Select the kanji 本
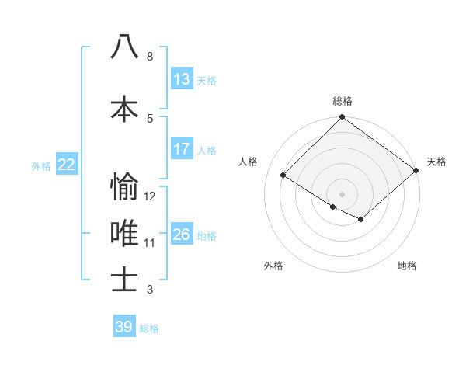tap(125, 108)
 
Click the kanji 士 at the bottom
tap(125, 279)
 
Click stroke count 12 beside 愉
tap(150, 196)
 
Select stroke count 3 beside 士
tap(149, 290)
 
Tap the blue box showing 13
tap(182, 79)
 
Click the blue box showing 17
tap(182, 149)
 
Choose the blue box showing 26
tap(182, 235)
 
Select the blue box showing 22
tap(67, 164)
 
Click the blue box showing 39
tap(124, 327)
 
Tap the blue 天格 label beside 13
tap(207, 81)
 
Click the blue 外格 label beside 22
tap(41, 165)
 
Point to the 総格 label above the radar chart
tap(342, 101)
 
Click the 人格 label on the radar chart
tap(249, 162)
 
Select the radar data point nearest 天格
tap(416, 170)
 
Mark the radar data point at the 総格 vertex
tap(342, 118)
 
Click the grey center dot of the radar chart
tap(342, 193)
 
